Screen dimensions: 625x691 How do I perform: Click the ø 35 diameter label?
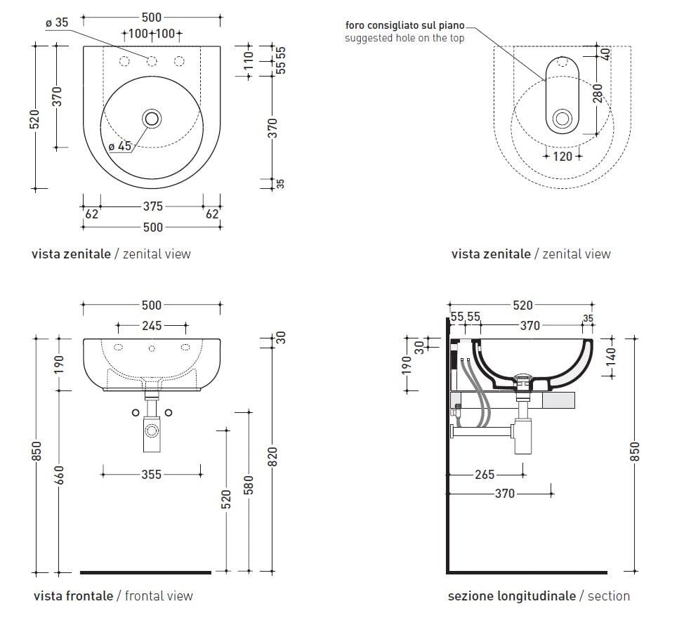(x=56, y=22)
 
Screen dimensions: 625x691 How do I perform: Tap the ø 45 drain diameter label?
(x=119, y=146)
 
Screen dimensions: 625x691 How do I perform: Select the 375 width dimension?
(x=152, y=206)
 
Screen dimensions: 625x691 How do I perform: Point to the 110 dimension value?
(x=247, y=61)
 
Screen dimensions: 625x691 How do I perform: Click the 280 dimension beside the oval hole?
(x=598, y=93)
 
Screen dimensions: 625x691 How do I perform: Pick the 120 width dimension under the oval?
(x=562, y=157)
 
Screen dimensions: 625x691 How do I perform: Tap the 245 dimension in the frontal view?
(x=152, y=325)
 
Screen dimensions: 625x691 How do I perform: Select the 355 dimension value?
(x=151, y=474)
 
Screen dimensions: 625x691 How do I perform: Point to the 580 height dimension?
(x=248, y=484)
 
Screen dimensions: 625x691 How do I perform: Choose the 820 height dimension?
(x=273, y=456)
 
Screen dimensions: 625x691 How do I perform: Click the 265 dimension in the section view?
(x=485, y=474)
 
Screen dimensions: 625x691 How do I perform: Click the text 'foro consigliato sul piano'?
(x=404, y=26)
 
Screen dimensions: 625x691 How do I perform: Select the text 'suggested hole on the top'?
(x=404, y=38)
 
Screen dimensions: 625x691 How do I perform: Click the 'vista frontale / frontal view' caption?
(x=113, y=596)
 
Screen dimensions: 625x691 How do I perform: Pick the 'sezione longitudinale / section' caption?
(x=539, y=596)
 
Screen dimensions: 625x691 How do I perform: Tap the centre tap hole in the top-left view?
(x=151, y=61)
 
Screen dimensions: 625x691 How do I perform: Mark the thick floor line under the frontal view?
(x=145, y=572)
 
